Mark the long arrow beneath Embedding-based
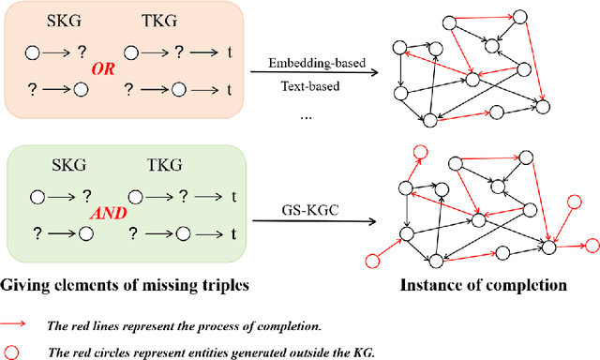pos(308,74)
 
